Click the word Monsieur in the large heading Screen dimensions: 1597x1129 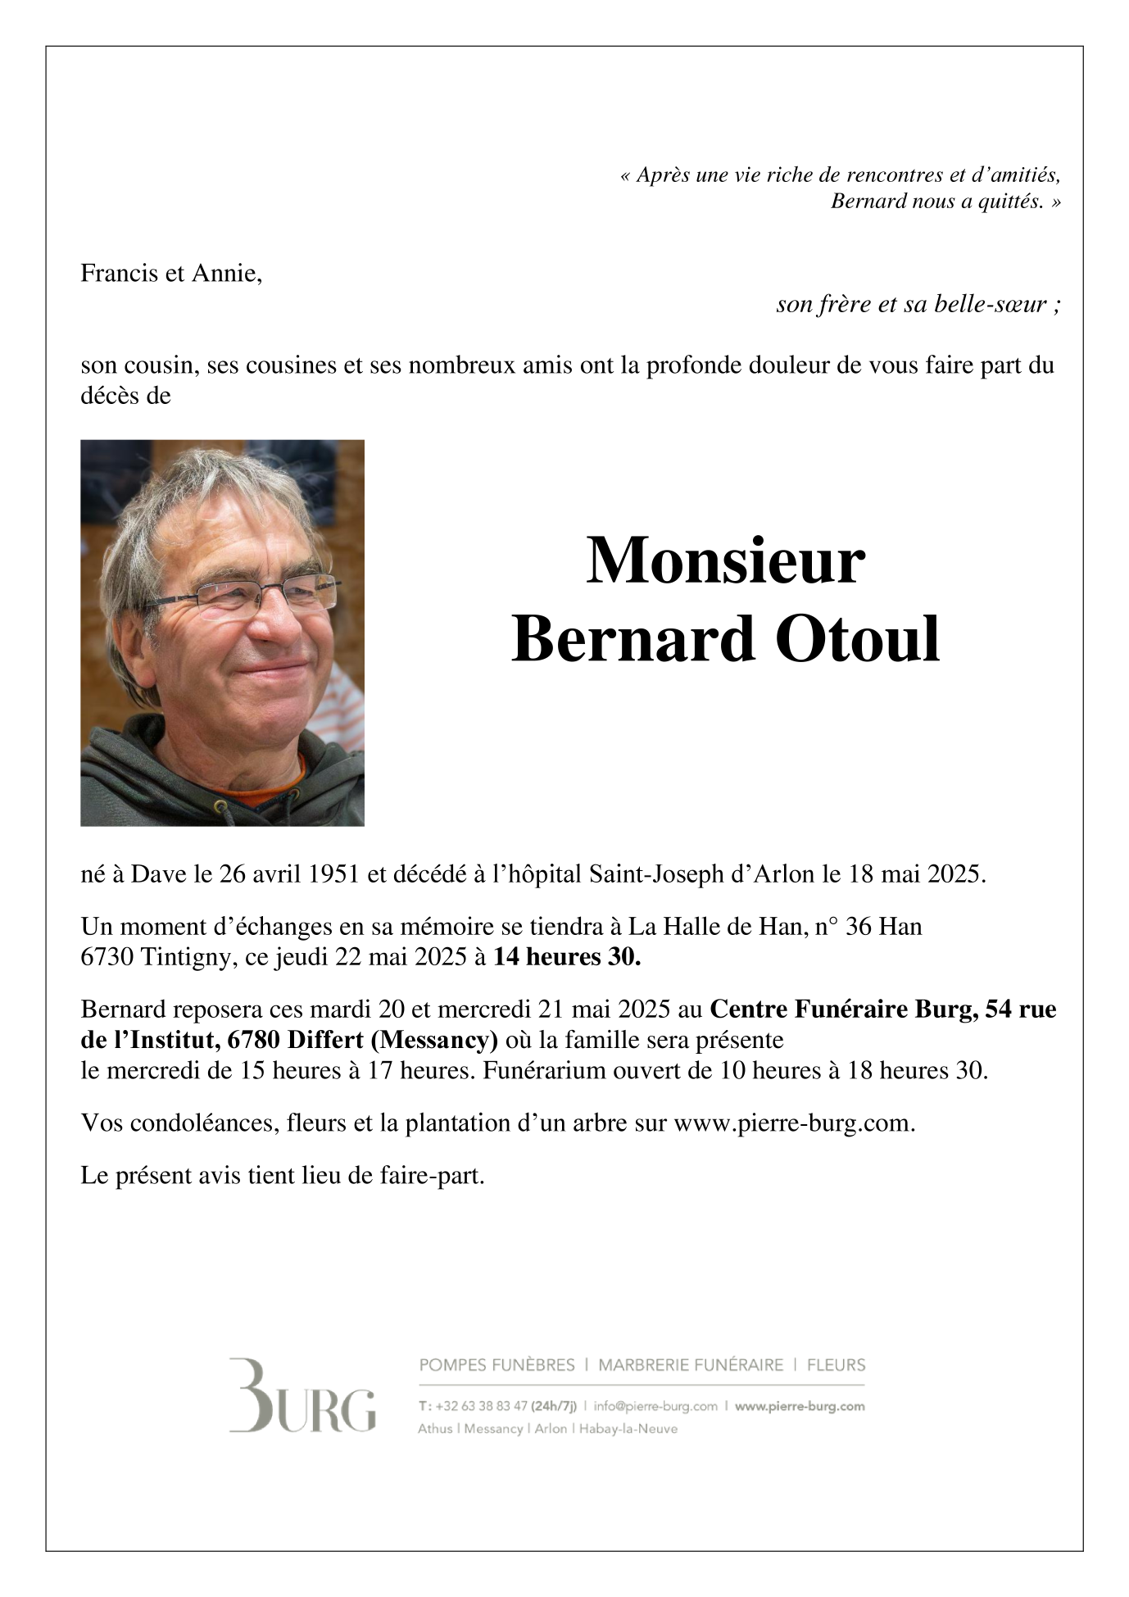pyautogui.click(x=725, y=561)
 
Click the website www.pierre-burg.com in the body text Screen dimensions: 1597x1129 pyautogui.click(x=793, y=1123)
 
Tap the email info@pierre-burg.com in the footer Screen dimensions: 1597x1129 pyautogui.click(x=655, y=1406)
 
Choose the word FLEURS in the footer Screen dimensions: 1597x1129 pyautogui.click(x=836, y=1365)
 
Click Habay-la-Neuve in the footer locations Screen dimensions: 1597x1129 pyautogui.click(x=628, y=1429)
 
